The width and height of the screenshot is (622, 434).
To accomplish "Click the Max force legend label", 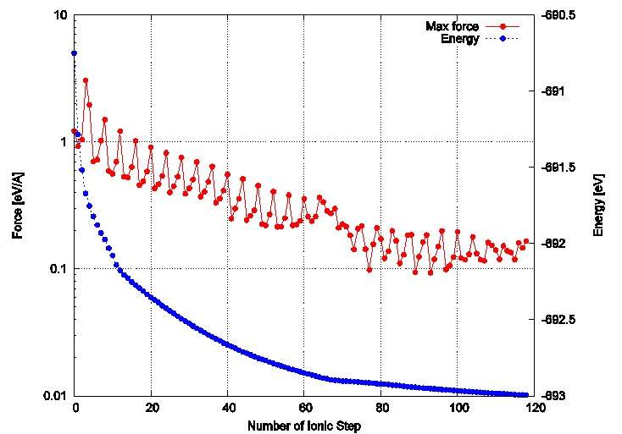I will click(452, 27).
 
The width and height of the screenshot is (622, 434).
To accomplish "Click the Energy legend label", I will click(461, 39).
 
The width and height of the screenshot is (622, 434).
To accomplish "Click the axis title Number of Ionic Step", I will click(305, 426).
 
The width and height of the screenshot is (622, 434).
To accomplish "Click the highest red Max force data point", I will click(86, 80).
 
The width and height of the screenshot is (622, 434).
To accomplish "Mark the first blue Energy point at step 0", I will click(75, 53).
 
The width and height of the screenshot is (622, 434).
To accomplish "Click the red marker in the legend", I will click(503, 27).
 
